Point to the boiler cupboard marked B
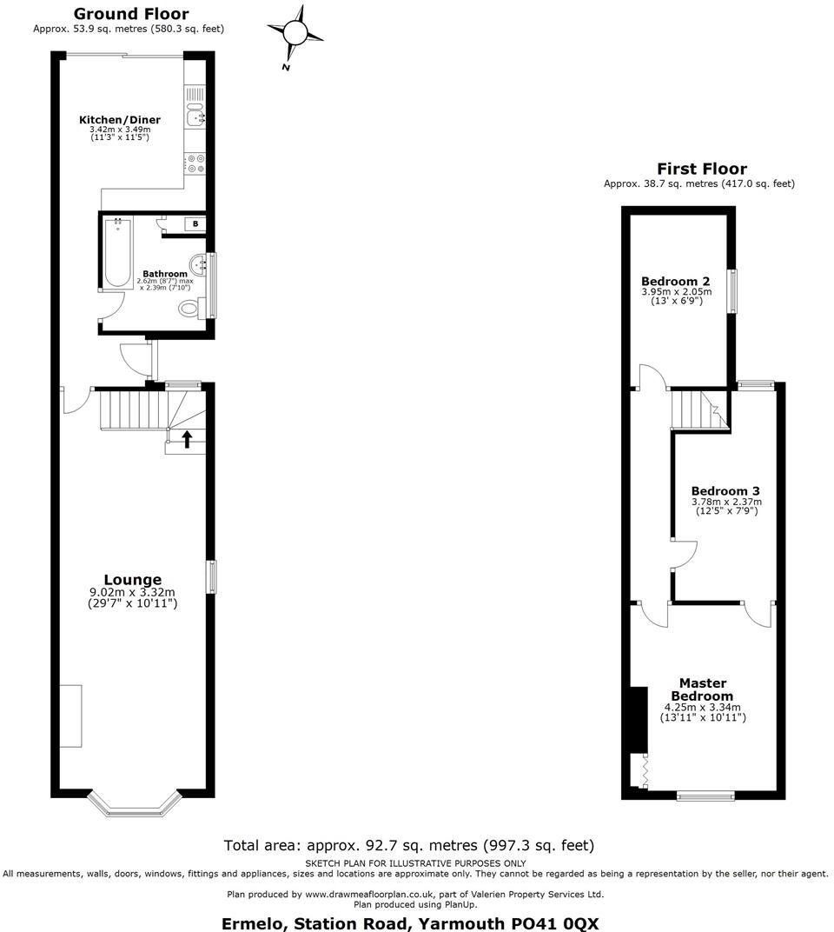pos(195,224)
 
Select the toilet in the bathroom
pos(190,309)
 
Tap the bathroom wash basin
pos(202,262)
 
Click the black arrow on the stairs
pos(187,439)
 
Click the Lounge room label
pos(133,580)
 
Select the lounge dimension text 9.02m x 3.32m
pos(132,593)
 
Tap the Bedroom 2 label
pos(676,281)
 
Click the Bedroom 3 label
pos(725,489)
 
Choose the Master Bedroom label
pos(703,689)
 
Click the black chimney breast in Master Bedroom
pos(637,718)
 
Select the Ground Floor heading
pos(130,13)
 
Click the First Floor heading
pos(701,169)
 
